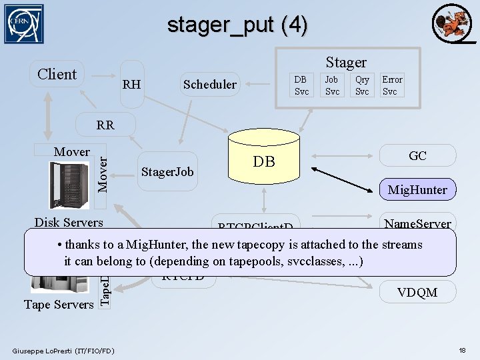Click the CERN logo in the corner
click(24, 24)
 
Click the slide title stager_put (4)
click(237, 25)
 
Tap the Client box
click(57, 74)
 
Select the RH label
click(131, 84)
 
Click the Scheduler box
click(209, 84)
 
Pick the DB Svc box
click(301, 85)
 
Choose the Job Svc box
click(331, 85)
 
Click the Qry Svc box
click(362, 85)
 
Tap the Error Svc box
click(392, 85)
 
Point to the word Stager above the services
click(346, 62)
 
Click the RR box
click(105, 125)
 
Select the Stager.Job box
click(167, 172)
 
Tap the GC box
click(417, 156)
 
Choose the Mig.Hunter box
click(417, 190)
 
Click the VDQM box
click(417, 292)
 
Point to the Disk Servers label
click(69, 223)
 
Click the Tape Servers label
click(59, 305)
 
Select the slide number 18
click(463, 351)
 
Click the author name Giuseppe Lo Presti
click(63, 351)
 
